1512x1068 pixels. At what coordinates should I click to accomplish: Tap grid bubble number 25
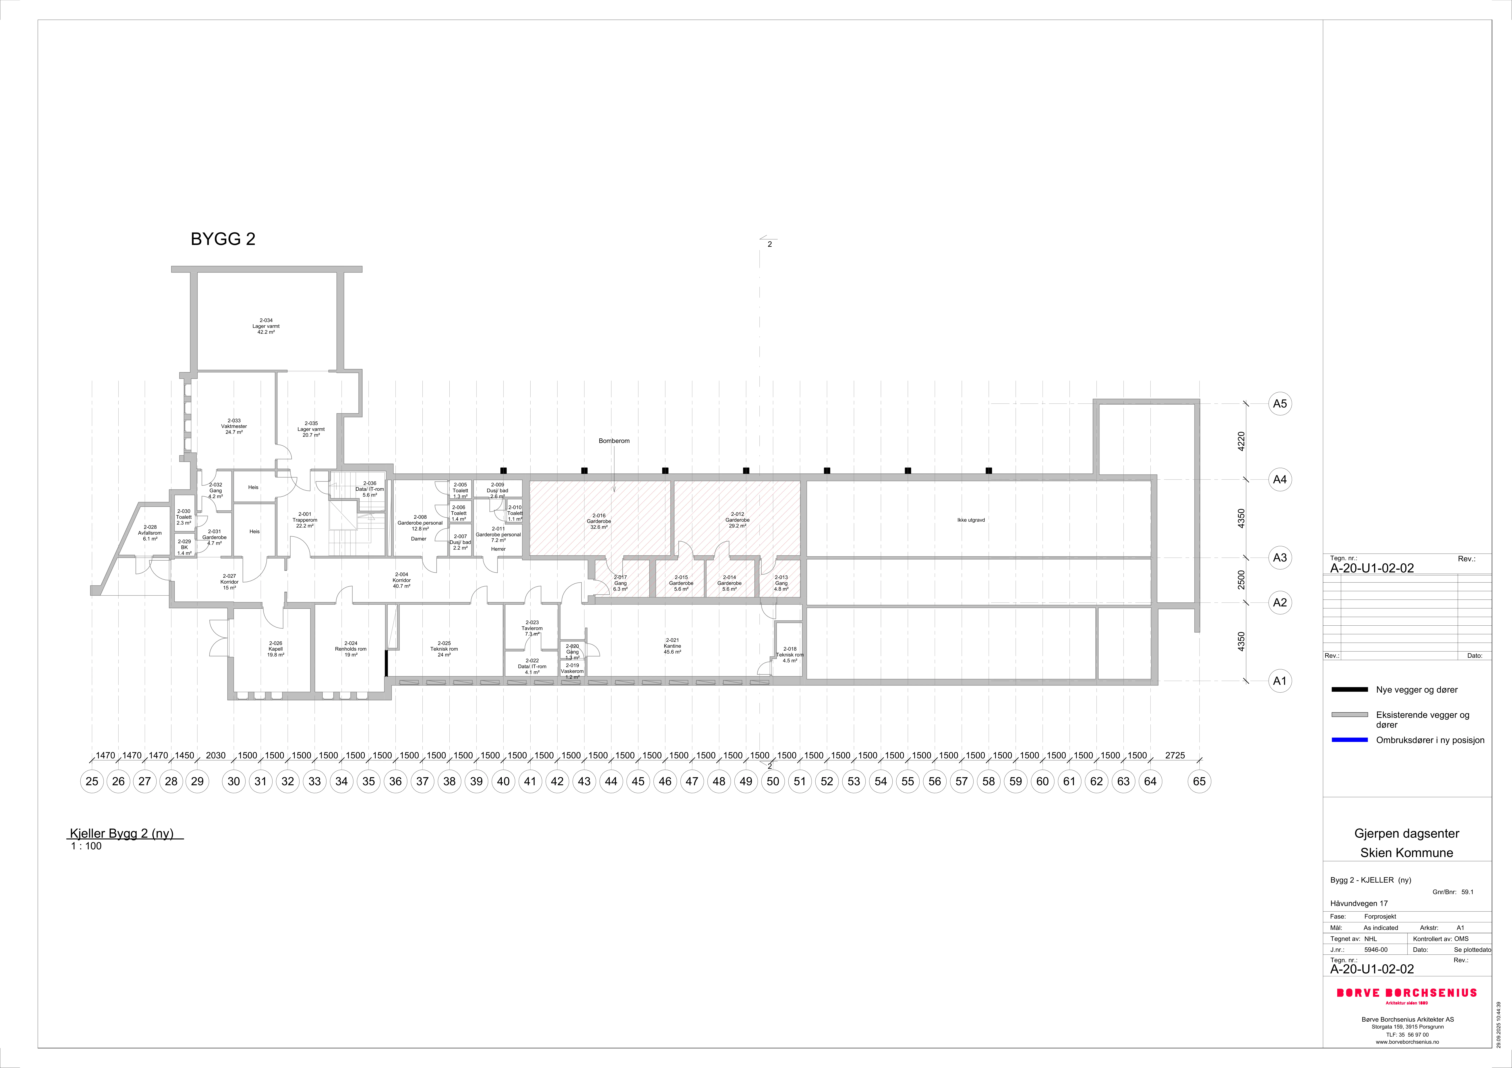[x=92, y=782]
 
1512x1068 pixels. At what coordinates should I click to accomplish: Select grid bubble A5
[x=1280, y=404]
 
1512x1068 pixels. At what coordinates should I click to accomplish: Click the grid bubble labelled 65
[x=1199, y=782]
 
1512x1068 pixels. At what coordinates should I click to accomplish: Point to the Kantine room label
[x=672, y=646]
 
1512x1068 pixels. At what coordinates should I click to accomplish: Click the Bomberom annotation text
[x=614, y=441]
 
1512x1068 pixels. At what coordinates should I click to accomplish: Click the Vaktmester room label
[x=234, y=427]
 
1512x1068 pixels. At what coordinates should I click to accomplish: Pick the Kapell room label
[x=275, y=649]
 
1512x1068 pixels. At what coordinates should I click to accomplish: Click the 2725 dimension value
[x=1175, y=755]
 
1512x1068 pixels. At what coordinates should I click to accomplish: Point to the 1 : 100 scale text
[x=86, y=846]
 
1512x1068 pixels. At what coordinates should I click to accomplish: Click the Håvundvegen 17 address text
[x=1359, y=903]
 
